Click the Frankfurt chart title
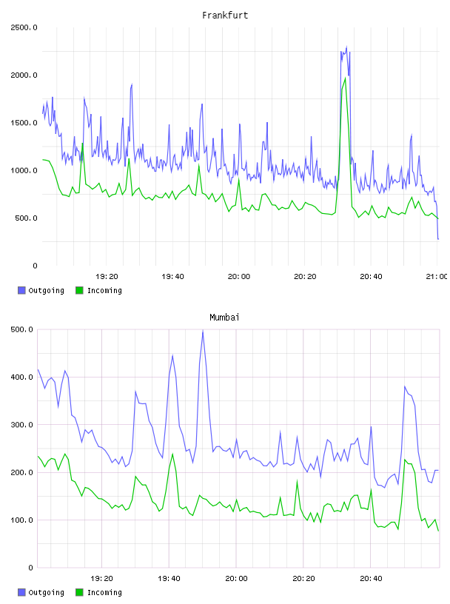(225, 16)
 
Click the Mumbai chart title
(224, 318)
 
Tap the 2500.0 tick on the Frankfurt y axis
(24, 27)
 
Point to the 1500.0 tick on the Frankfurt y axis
(24, 123)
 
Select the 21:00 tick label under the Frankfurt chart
(437, 277)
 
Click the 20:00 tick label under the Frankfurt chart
(239, 277)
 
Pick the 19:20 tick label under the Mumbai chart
(101, 579)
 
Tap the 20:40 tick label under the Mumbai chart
(371, 579)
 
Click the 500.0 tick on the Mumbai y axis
(22, 329)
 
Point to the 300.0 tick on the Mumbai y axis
(22, 425)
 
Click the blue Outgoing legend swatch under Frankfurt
(21, 290)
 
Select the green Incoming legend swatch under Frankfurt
(79, 290)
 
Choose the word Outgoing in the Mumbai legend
(46, 592)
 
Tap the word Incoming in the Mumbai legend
(104, 592)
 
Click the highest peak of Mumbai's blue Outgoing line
(203, 331)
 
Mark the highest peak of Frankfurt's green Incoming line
(345, 78)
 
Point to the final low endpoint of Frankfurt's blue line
(438, 239)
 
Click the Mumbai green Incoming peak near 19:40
(172, 454)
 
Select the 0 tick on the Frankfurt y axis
(35, 266)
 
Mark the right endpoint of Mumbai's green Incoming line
(438, 531)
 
